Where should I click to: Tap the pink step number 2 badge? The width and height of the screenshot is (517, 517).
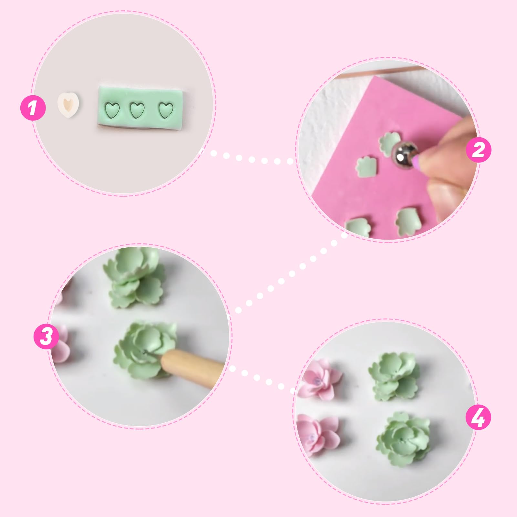pyautogui.click(x=479, y=150)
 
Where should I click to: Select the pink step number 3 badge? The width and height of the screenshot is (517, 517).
pyautogui.click(x=47, y=336)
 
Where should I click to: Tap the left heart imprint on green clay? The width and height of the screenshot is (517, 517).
pyautogui.click(x=113, y=110)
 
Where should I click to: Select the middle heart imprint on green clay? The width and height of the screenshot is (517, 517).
pyautogui.click(x=137, y=110)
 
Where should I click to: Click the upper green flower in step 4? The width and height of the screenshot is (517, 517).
pyautogui.click(x=394, y=376)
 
